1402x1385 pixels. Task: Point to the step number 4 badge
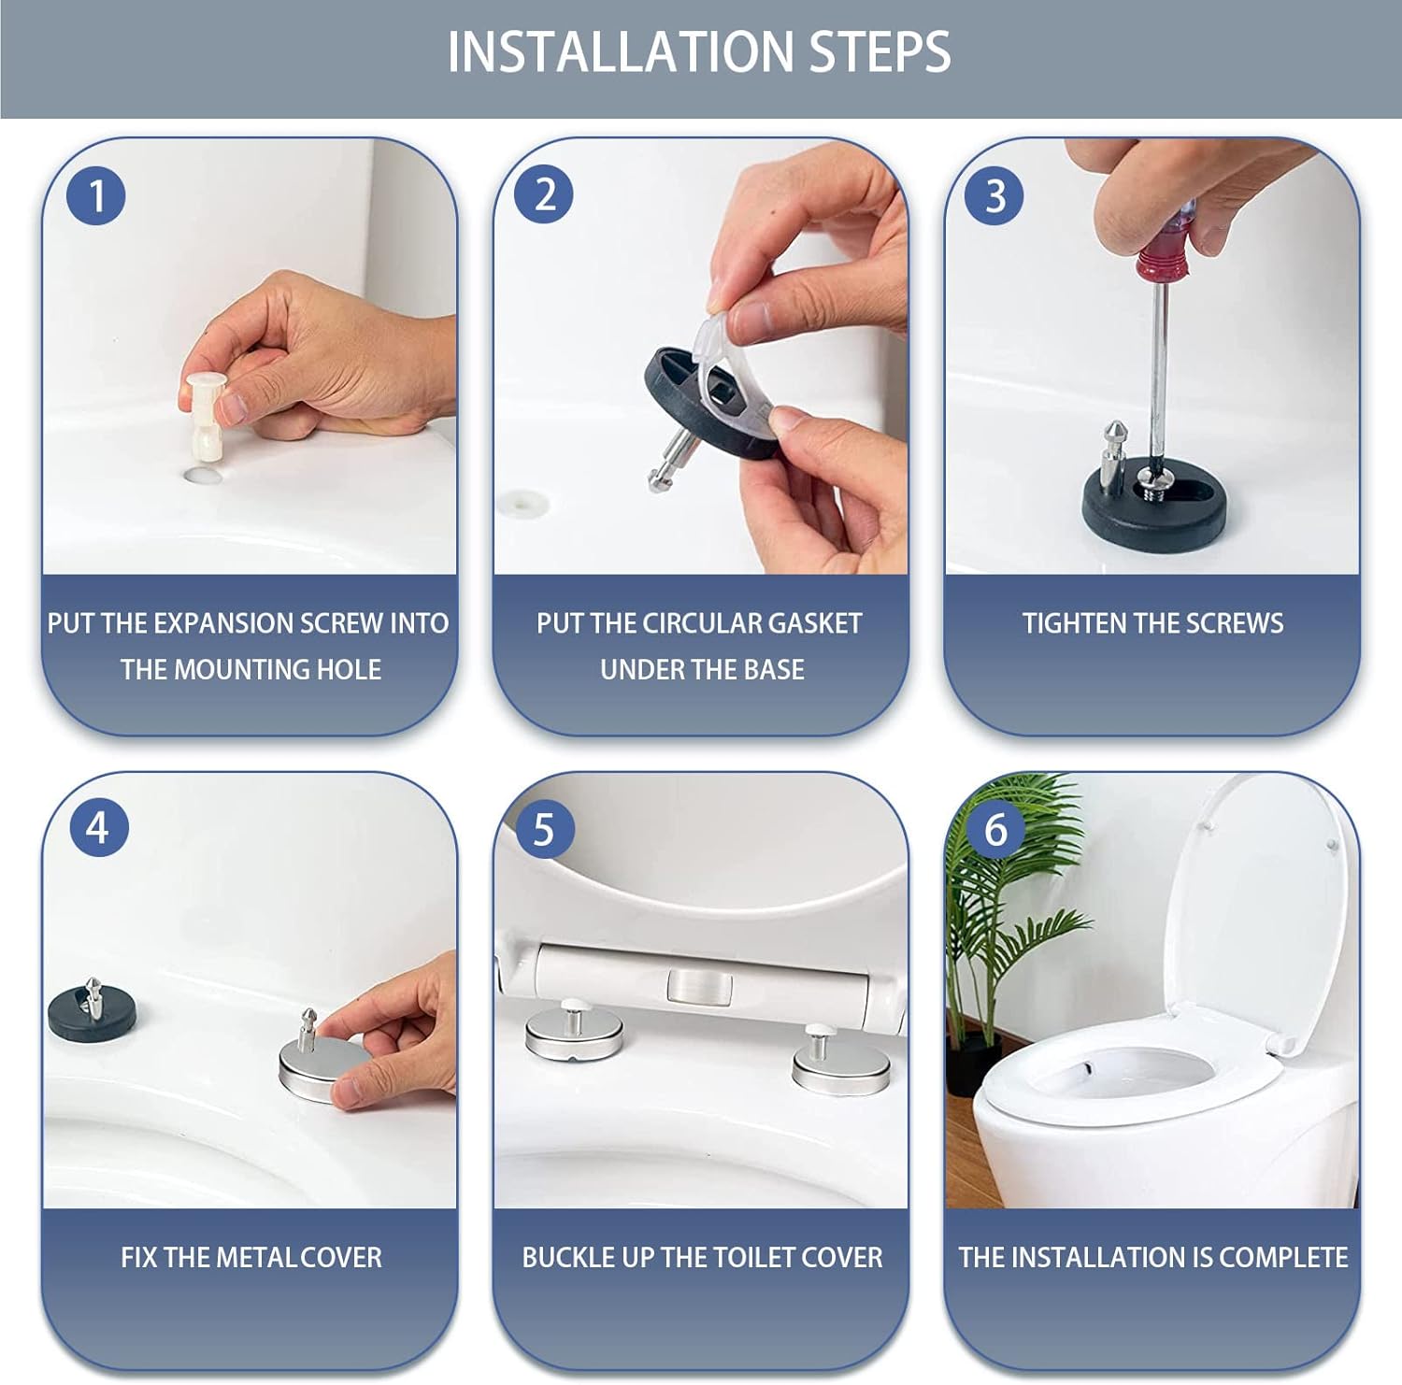[98, 827]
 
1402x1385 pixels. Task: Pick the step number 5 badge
[544, 829]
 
